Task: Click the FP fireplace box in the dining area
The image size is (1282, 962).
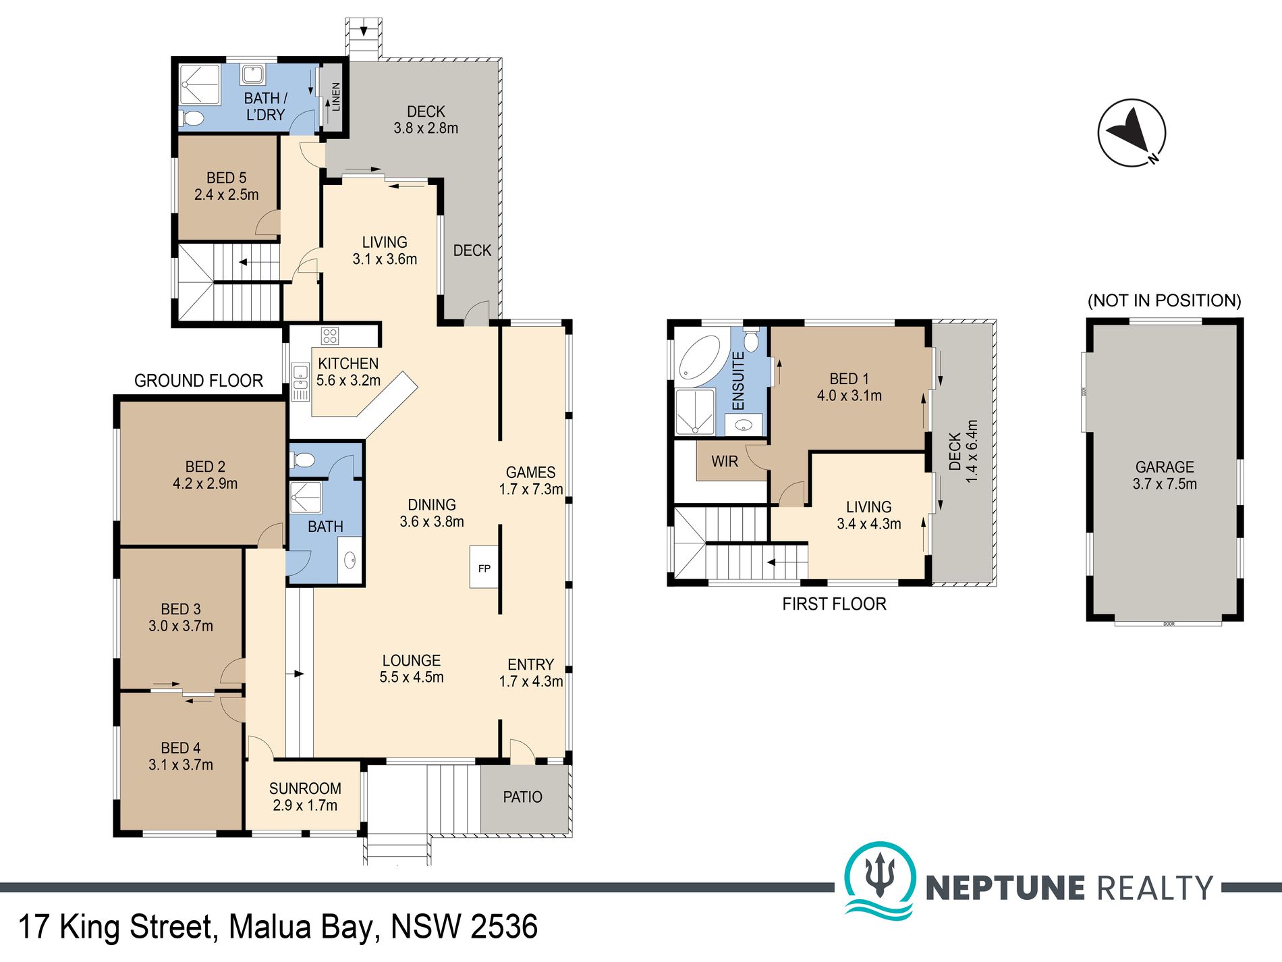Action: (484, 568)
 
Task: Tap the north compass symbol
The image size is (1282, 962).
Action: (1132, 132)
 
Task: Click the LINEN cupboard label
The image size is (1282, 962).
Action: (335, 96)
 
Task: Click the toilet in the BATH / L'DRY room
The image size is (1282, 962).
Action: (193, 119)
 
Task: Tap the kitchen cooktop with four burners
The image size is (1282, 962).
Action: (330, 336)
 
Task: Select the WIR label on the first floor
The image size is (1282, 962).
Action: (725, 461)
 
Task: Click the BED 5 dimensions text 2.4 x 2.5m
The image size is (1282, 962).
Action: (226, 195)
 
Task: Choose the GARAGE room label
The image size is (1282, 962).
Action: (1165, 466)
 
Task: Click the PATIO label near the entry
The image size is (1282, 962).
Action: (522, 797)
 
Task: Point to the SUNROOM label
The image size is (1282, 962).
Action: (305, 788)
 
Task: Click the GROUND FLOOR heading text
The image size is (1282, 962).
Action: (198, 381)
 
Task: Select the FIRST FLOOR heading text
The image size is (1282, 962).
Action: (834, 604)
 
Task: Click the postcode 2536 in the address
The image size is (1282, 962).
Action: (503, 927)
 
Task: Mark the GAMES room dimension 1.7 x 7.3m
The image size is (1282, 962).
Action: (531, 489)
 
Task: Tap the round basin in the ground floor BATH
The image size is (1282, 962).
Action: (350, 560)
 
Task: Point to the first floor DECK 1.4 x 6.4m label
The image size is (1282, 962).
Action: (963, 451)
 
